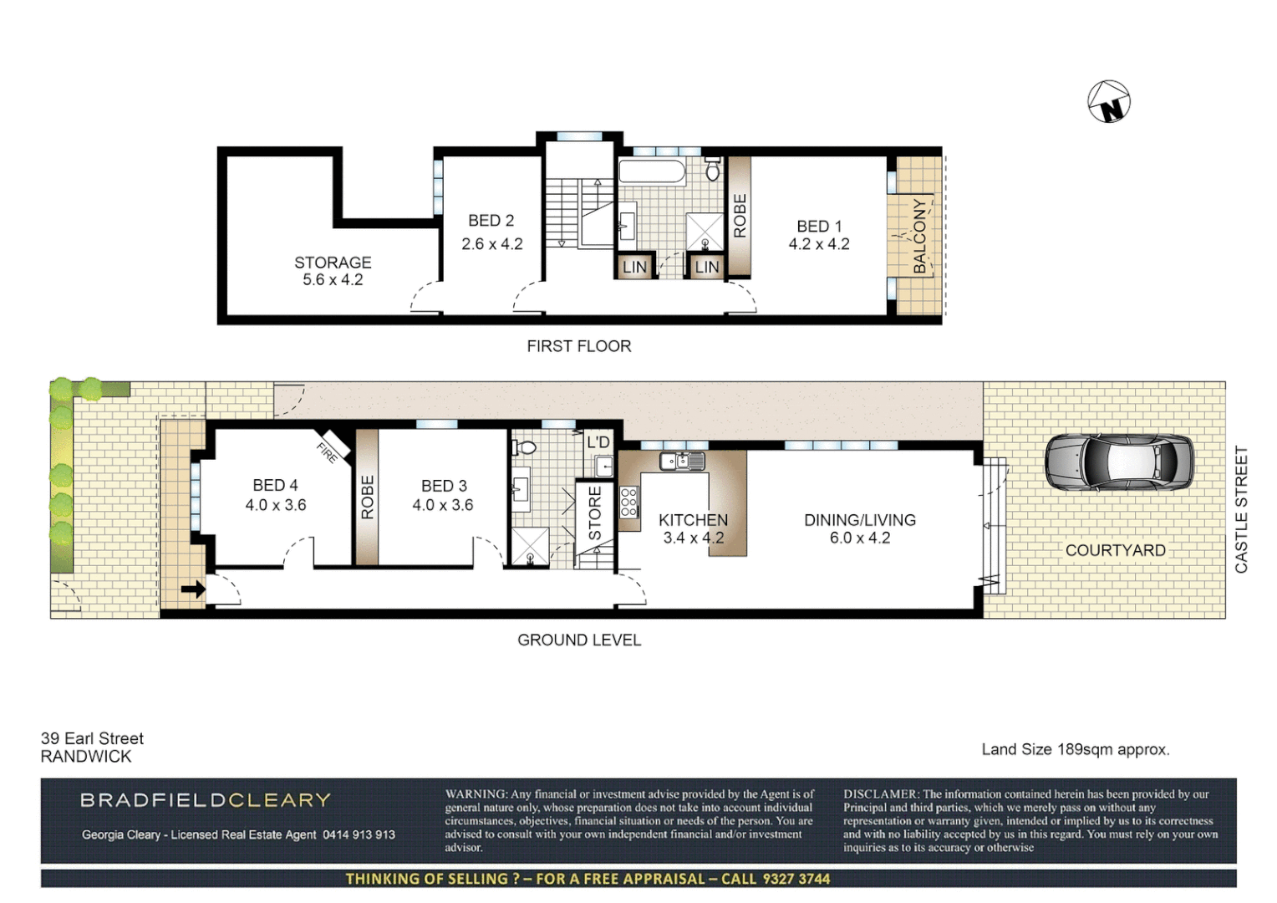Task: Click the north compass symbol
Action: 1109,102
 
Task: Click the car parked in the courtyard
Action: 1118,462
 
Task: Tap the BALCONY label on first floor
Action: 920,235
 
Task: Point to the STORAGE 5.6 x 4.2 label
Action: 333,271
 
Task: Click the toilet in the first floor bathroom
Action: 713,170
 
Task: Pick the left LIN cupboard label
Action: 634,267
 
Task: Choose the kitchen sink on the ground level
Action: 681,461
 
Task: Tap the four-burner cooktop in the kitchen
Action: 629,502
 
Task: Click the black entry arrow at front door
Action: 193,589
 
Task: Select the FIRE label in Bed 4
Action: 328,452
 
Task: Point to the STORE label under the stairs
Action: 595,513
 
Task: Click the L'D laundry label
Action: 598,442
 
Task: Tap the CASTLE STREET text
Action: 1241,509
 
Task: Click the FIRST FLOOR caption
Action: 578,346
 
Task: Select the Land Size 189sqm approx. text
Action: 1075,749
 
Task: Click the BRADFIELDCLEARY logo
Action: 206,800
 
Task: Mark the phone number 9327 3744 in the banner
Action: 796,879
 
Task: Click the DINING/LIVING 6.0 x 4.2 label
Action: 859,528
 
